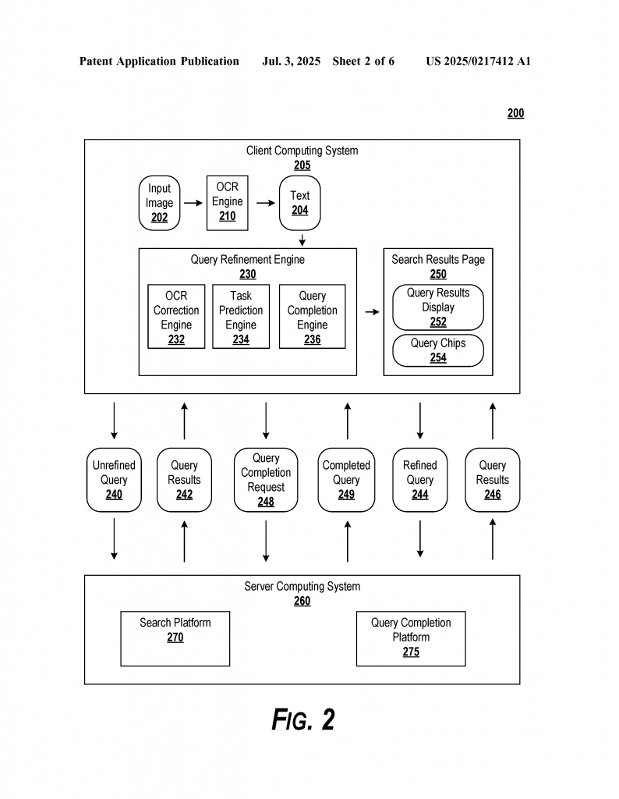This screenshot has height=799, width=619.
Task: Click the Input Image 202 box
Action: click(x=159, y=203)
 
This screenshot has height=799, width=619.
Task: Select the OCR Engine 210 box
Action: click(x=227, y=203)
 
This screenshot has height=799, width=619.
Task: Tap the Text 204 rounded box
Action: click(x=300, y=203)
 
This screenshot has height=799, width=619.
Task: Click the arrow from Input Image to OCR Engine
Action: click(x=193, y=203)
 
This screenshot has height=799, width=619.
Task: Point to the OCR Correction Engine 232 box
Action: click(x=176, y=317)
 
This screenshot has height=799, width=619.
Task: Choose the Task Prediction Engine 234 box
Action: click(x=241, y=317)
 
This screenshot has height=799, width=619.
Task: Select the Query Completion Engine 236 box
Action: click(x=312, y=317)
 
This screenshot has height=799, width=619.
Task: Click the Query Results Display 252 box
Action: click(x=438, y=307)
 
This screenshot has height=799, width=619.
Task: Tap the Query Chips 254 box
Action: click(x=438, y=350)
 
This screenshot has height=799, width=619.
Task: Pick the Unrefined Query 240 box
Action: click(x=114, y=480)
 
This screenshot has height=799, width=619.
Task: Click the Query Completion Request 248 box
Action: click(x=266, y=480)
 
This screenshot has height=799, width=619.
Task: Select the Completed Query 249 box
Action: click(x=346, y=480)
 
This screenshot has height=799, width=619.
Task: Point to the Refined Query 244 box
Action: click(x=420, y=480)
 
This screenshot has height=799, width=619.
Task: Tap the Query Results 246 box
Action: click(x=492, y=480)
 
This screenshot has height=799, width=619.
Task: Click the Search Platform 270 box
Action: click(x=175, y=638)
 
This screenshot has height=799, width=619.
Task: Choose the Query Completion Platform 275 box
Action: click(x=411, y=638)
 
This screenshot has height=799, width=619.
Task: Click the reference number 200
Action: click(x=515, y=113)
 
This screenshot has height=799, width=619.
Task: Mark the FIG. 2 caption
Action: click(x=303, y=719)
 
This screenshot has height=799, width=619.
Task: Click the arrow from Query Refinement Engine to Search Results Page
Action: click(x=372, y=312)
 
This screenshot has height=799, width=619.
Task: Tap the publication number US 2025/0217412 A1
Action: click(x=479, y=61)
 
